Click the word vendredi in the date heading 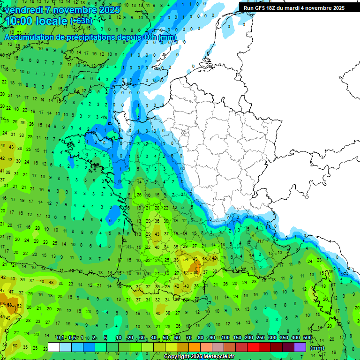[x=23, y=10]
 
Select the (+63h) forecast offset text [x=81, y=21]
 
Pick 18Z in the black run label [x=270, y=8]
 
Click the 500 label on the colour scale [x=307, y=338]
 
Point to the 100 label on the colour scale [x=225, y=338]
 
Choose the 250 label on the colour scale [x=261, y=338]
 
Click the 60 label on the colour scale [x=177, y=338]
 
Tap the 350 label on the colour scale [x=284, y=338]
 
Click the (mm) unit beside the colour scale [x=317, y=348]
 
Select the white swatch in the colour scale [x=54, y=347]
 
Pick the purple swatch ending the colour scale [x=300, y=347]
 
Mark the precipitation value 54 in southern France [x=186, y=259]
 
